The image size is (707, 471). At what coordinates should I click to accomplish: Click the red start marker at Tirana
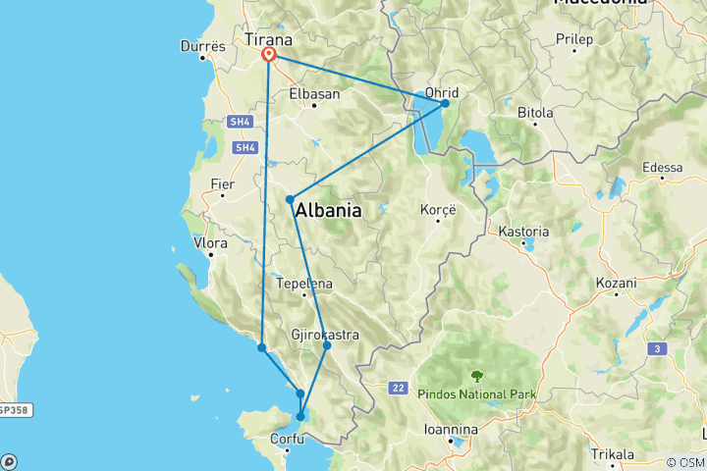tap(268, 56)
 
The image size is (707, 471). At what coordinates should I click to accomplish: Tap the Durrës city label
tap(204, 46)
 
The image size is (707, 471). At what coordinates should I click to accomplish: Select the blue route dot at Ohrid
tap(445, 103)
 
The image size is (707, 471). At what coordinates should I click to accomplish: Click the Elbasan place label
tap(314, 94)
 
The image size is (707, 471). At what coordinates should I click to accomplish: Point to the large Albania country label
tap(328, 211)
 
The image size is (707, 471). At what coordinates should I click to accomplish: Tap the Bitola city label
tap(535, 113)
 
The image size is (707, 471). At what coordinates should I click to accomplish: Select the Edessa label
tap(662, 168)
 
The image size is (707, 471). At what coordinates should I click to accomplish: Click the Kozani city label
tap(616, 283)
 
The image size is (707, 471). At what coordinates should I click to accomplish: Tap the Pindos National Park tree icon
tap(477, 376)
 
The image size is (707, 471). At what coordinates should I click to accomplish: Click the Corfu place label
tap(276, 443)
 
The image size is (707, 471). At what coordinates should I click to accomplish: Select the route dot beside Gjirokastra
tap(327, 345)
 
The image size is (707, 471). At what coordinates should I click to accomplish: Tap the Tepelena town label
tap(304, 284)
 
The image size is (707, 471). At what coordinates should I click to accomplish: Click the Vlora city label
tap(211, 242)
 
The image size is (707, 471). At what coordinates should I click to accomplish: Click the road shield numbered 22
tap(397, 389)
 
